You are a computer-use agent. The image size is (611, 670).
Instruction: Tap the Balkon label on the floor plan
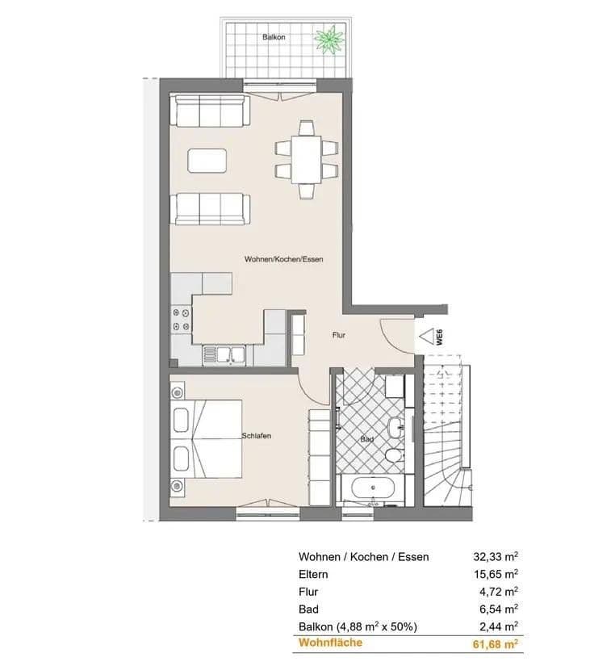point(274,37)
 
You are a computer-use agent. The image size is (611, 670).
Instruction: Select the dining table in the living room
point(306,159)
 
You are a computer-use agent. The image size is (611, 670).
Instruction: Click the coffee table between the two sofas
point(207,160)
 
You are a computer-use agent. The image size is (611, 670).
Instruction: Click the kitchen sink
point(222,353)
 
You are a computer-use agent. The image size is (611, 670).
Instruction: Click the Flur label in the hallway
point(339,334)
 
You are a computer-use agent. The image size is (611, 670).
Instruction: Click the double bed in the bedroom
point(208,439)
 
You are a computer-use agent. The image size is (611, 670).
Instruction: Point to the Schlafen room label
point(256,436)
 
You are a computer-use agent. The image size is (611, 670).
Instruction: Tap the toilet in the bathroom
point(393,456)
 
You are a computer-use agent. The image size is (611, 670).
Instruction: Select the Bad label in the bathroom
point(366,440)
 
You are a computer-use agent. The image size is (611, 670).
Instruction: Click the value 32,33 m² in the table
point(495,556)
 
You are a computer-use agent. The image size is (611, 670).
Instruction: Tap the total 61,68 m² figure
point(495,643)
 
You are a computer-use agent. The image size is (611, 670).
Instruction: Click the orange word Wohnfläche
point(330,643)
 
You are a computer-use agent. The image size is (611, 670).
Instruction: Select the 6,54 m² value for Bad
point(497,609)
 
